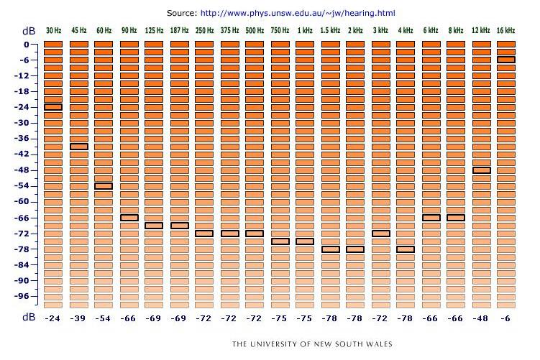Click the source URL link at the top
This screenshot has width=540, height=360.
[x=298, y=13]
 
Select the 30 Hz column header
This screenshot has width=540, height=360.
[x=53, y=30]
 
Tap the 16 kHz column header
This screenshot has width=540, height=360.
[x=505, y=30]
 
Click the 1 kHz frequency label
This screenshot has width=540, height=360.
[x=305, y=30]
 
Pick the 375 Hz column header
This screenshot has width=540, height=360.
[x=229, y=30]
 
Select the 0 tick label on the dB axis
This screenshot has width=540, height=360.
[x=27, y=45]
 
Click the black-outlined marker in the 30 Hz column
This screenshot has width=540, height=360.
[x=53, y=107]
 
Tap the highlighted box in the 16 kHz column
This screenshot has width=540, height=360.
[x=506, y=60]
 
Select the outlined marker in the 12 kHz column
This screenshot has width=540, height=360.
[x=481, y=170]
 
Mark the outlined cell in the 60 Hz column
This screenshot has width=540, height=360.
[x=104, y=186]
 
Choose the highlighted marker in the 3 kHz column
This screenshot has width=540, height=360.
[x=380, y=234]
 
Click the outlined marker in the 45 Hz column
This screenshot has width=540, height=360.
[x=79, y=147]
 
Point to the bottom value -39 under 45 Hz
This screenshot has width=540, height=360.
[x=78, y=318]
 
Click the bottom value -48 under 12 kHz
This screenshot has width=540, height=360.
[x=480, y=318]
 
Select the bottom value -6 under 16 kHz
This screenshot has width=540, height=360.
[x=505, y=318]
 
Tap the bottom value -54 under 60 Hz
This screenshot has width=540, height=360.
[x=103, y=318]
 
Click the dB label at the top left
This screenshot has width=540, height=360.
[x=29, y=31]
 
